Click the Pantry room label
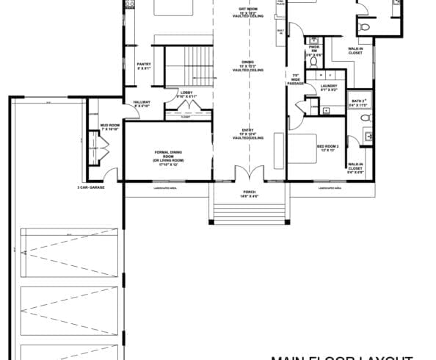(144, 66)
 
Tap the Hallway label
(142, 104)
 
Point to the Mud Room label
(109, 127)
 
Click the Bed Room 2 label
(327, 148)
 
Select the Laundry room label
(330, 88)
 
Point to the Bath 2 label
(359, 103)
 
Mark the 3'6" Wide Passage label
(295, 79)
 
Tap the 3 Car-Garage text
(92, 188)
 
